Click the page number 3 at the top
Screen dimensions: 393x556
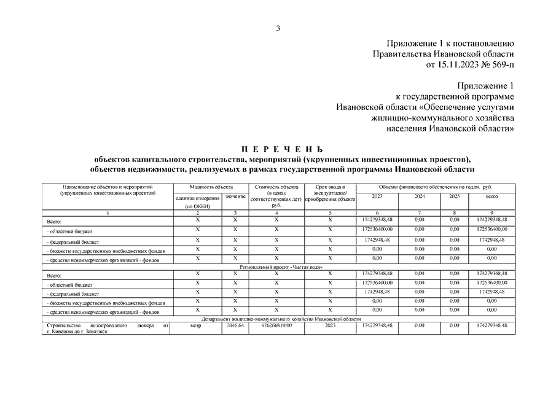pyautogui.click(x=278, y=28)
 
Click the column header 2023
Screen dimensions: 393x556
pyautogui.click(x=377, y=196)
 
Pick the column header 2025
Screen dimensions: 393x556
pyautogui.click(x=455, y=196)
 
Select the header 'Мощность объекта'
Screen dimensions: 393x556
pyautogui.click(x=211, y=187)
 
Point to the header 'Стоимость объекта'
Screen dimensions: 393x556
pyautogui.click(x=276, y=187)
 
